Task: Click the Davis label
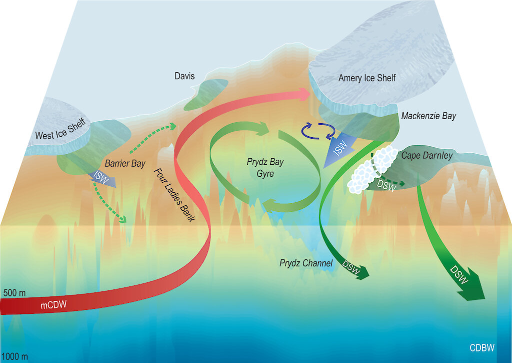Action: point(184,77)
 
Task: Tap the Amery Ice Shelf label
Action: point(367,78)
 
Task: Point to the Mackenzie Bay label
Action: point(428,116)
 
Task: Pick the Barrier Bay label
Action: point(125,163)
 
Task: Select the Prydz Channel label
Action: point(306,263)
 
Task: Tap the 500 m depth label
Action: point(15,292)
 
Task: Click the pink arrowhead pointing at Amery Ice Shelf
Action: point(303,94)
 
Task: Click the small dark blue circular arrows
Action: point(318,131)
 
